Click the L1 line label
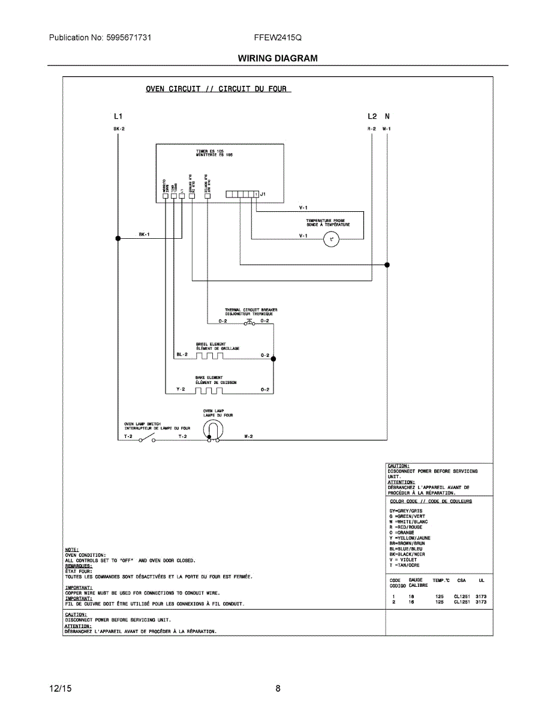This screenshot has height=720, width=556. pos(118,116)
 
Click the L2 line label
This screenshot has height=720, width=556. pos(372,116)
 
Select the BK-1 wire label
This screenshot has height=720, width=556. pos(144,235)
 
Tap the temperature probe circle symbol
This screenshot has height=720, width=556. pos(331,240)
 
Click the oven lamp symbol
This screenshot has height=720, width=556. pos(212,430)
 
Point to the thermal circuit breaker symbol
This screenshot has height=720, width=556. pos(250,323)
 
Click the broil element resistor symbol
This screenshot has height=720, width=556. pos(209,356)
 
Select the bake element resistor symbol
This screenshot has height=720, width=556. pos(209,391)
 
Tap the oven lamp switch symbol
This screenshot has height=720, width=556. pos(146,439)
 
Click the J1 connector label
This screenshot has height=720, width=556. pos(263,194)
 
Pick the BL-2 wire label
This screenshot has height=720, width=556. pos(182,355)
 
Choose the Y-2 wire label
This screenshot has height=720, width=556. pos(181,389)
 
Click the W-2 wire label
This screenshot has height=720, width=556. pos(248,436)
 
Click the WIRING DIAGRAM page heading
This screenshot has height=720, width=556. pos(278,58)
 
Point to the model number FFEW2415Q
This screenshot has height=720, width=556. pos(278,37)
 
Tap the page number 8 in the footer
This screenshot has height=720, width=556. pos(278,689)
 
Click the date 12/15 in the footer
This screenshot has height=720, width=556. pos(60,689)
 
